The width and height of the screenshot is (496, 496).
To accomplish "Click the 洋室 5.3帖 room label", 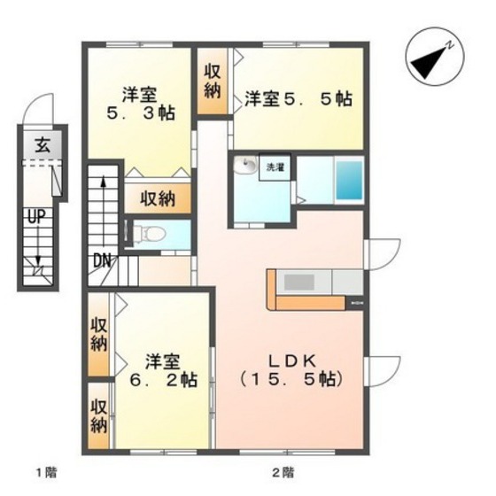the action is pyautogui.click(x=141, y=104).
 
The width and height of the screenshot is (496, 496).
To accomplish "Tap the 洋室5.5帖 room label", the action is pyautogui.click(x=298, y=99).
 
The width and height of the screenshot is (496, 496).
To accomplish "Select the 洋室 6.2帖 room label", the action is pyautogui.click(x=163, y=370).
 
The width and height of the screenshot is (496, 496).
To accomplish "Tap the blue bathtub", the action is pyautogui.click(x=349, y=181).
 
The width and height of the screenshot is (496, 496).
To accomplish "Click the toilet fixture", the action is pyautogui.click(x=149, y=235).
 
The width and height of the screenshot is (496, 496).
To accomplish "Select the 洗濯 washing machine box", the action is pyautogui.click(x=275, y=167).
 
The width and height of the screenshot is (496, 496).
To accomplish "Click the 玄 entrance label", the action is pyautogui.click(x=43, y=146).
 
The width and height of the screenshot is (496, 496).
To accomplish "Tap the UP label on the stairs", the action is pyautogui.click(x=36, y=217).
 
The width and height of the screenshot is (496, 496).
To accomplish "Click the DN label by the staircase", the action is pyautogui.click(x=102, y=261).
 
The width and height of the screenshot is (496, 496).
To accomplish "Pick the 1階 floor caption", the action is pyautogui.click(x=46, y=473).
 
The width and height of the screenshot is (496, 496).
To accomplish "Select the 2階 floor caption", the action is pyautogui.click(x=283, y=473).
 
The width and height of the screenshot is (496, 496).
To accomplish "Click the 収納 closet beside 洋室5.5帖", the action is pyautogui.click(x=212, y=81).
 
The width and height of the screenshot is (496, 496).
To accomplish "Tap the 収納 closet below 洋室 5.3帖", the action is pyautogui.click(x=158, y=198).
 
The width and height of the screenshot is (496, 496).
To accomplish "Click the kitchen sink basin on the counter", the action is pyautogui.click(x=299, y=283).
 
